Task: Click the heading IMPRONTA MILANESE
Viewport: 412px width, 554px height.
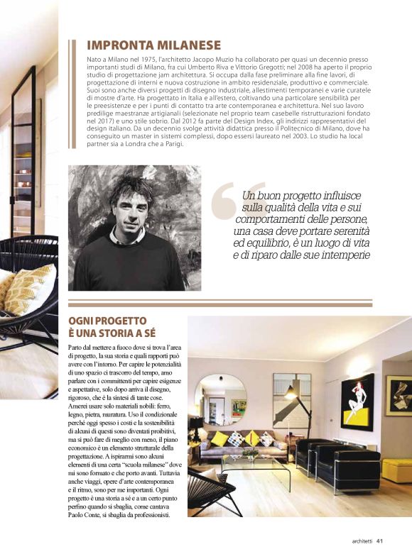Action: coord(153,45)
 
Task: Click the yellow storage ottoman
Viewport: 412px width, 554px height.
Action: coord(397,470)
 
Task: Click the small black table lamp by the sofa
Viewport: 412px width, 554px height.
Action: coord(195,425)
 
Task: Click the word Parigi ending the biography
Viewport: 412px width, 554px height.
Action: coord(171,144)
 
